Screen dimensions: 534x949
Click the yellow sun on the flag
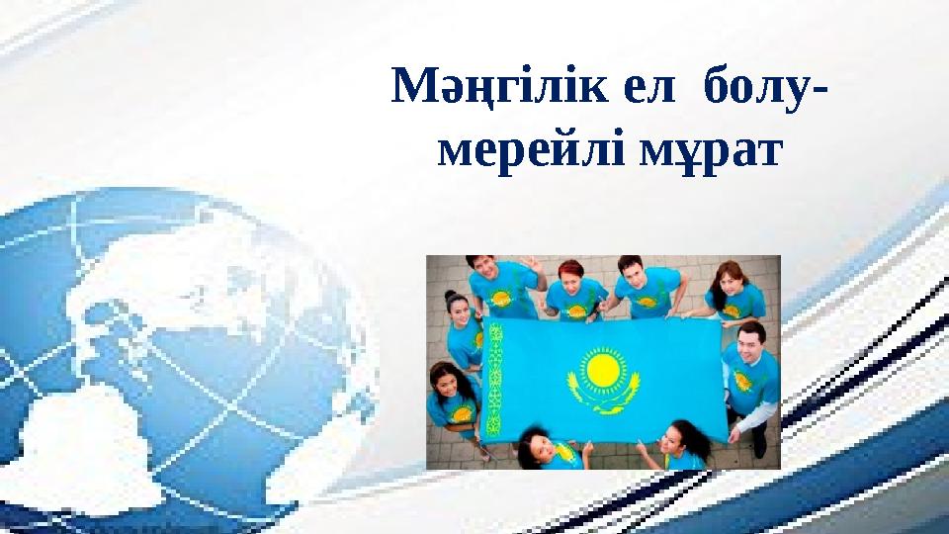(x=602, y=373)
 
